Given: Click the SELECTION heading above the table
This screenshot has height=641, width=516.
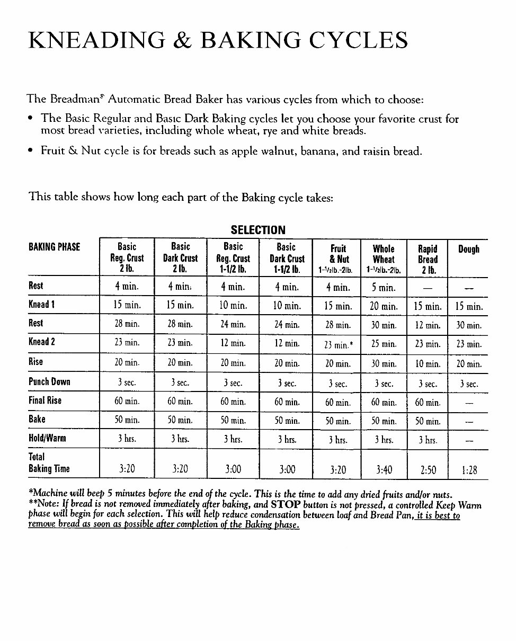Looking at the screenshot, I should click(x=258, y=230).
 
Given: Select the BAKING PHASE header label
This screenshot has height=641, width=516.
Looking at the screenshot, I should click(x=55, y=247).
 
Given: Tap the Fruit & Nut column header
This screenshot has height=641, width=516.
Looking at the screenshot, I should click(x=339, y=259).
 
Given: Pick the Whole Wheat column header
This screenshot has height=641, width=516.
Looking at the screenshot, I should click(x=384, y=259).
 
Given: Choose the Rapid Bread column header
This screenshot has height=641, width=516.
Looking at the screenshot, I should click(x=428, y=259).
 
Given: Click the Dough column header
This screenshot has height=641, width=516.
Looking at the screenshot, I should click(x=468, y=249).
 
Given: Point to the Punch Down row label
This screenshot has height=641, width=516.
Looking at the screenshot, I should click(x=49, y=382).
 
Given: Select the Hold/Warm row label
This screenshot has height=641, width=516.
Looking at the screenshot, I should click(x=48, y=439).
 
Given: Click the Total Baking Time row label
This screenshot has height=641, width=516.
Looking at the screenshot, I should click(x=49, y=463).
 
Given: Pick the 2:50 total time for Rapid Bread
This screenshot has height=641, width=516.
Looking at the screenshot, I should click(x=428, y=469).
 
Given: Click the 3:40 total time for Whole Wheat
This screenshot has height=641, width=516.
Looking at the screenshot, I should click(x=384, y=469).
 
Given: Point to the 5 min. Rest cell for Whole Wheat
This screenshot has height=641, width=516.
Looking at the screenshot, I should click(x=384, y=288).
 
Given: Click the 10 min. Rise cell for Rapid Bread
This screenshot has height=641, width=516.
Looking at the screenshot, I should click(x=428, y=363).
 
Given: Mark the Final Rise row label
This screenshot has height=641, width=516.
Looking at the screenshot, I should click(x=45, y=400).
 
